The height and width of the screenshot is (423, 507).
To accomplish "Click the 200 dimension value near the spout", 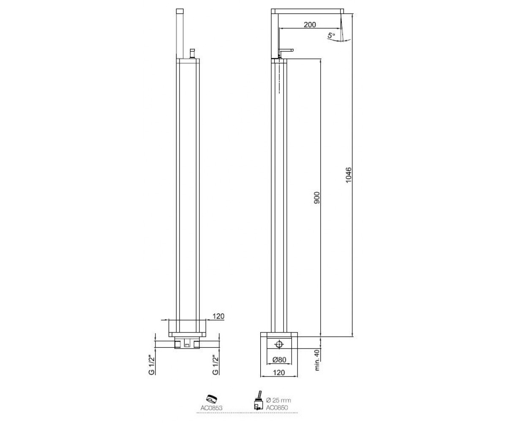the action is (310, 25).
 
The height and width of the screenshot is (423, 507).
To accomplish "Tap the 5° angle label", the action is (331, 35).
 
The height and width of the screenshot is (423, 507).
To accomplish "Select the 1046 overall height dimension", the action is (349, 175).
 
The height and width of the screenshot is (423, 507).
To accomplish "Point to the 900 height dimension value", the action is (317, 198).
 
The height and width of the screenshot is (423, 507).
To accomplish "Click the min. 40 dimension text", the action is (317, 360).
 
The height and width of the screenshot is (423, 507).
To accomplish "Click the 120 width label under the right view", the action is (279, 372).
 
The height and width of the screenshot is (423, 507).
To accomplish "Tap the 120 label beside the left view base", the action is (218, 316).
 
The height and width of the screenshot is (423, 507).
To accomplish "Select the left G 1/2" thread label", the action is (151, 365).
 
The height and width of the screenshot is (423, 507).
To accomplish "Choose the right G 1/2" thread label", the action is (215, 365).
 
